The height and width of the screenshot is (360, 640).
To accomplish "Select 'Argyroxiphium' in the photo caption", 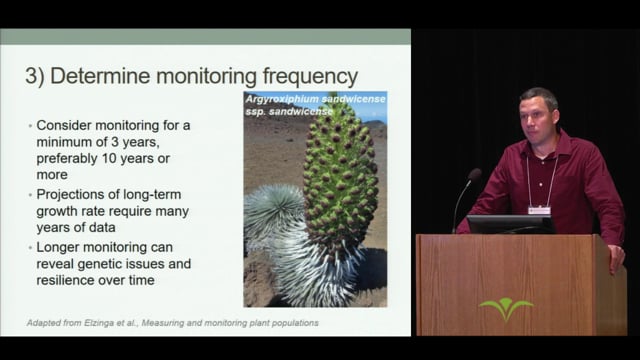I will coord(287,99).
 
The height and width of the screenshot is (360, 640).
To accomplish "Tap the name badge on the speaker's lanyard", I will coord(539,210).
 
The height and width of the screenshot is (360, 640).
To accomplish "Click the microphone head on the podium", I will coord(474,176).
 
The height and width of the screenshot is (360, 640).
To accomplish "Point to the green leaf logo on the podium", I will coord(506,308).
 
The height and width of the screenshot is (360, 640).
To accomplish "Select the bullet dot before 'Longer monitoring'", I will coord(28,246).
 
